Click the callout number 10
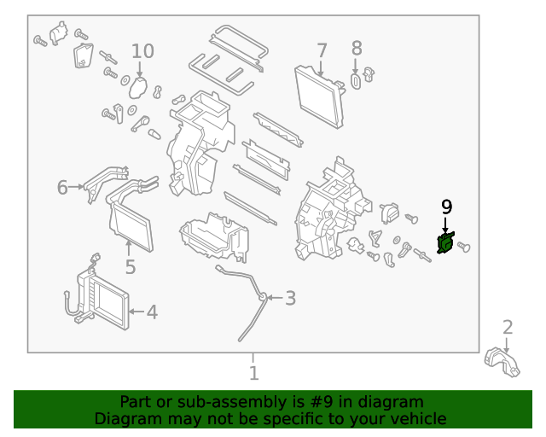tap(142, 51)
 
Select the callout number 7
tap(322, 50)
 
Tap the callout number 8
tap(357, 50)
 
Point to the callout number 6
tap(62, 187)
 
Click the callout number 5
tap(130, 267)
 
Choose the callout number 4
tap(152, 312)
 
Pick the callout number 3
tap(290, 298)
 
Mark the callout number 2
tap(508, 327)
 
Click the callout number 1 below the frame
tap(253, 373)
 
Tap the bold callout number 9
tap(446, 207)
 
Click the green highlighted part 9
tap(444, 244)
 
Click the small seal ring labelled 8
tap(357, 81)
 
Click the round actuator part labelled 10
tap(139, 87)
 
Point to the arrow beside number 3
tap(271, 298)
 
